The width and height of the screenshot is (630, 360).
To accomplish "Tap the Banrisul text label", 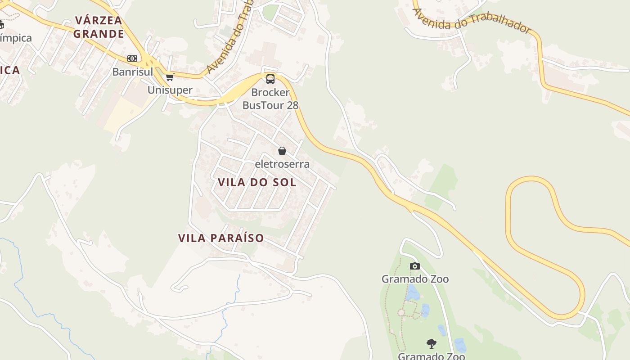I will click(x=133, y=72).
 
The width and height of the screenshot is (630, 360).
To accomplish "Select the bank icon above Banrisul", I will click(x=132, y=58).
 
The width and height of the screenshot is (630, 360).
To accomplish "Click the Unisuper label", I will click(x=170, y=90).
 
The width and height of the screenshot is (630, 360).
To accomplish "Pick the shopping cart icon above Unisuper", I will click(x=170, y=77).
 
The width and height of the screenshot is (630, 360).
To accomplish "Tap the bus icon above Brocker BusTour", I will click(x=270, y=79).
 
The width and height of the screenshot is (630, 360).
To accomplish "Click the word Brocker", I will click(x=270, y=93).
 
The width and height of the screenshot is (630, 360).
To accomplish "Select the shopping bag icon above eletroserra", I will click(x=282, y=151).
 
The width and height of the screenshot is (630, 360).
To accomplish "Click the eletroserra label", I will click(x=282, y=164).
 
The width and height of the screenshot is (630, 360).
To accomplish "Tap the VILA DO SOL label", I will click(x=257, y=182).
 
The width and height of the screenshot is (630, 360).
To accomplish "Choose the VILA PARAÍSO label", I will click(x=221, y=238).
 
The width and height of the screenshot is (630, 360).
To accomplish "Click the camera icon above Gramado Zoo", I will click(x=415, y=266).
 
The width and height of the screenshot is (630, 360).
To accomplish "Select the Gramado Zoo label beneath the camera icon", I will click(x=415, y=279).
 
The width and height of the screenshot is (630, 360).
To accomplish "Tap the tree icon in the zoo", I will click(x=432, y=344).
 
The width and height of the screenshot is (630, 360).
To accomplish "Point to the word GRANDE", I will click(x=99, y=34).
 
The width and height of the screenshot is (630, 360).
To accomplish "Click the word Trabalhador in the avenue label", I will click(x=500, y=24).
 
